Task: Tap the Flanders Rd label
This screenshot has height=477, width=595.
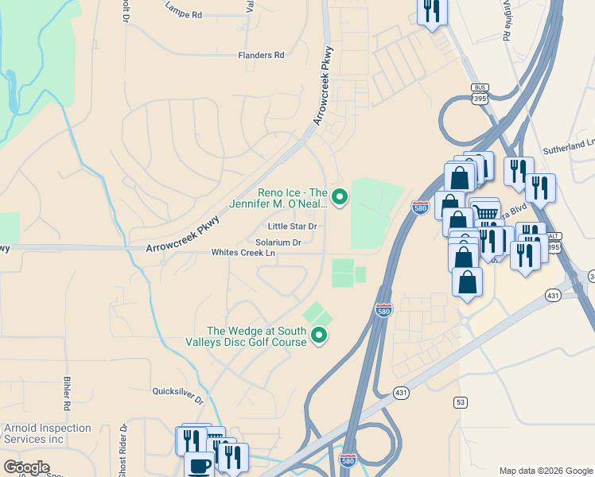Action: point(261,56)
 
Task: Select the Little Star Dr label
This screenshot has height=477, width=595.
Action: point(292,227)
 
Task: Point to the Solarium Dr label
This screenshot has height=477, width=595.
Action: point(278,242)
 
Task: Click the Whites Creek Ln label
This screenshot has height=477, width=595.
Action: point(243,253)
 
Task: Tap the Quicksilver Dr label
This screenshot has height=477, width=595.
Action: point(178,390)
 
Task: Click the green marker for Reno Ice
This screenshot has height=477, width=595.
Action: point(340,196)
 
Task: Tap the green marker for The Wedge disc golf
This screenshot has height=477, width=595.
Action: point(320,335)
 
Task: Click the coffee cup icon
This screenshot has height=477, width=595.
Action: point(199,464)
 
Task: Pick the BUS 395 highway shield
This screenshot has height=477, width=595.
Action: point(479,94)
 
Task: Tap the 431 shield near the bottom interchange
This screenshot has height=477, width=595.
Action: point(401,393)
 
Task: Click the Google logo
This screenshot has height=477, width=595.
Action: point(26,467)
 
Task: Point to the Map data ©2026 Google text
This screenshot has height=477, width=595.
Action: point(545,471)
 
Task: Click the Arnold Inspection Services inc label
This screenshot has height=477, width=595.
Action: point(45,433)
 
